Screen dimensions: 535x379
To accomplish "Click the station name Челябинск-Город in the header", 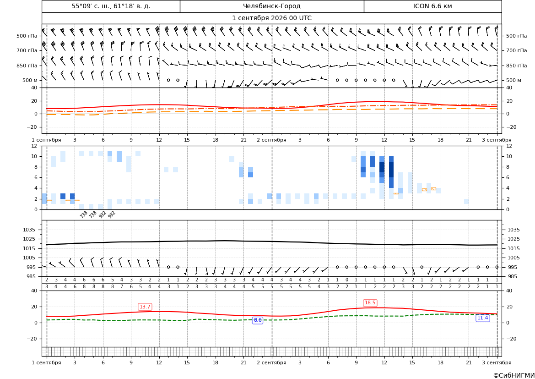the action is [271, 6].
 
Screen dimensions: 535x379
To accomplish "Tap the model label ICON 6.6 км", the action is [432, 6].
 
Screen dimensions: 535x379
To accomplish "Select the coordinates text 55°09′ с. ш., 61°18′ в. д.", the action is [111, 6].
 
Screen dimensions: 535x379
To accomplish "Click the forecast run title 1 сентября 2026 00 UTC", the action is [271, 18].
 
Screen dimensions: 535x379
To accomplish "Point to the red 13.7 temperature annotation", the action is [145, 307].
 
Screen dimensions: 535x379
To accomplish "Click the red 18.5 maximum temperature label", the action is [370, 302].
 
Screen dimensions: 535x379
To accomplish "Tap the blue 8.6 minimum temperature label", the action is [258, 320].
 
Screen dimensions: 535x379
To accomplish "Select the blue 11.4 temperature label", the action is [482, 318].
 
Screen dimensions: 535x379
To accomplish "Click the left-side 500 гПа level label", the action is [27, 36].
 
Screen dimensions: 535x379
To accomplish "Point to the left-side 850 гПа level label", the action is [27, 65].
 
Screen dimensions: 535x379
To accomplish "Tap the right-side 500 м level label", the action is [514, 80].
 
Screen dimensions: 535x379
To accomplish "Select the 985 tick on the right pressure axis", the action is [512, 276].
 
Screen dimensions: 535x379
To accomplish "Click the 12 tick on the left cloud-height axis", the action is [34, 146].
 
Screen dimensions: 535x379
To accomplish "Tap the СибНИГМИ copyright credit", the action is [514, 375].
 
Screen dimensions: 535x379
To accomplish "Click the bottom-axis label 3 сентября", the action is [497, 363].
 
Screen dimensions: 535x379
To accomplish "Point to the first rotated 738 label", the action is [84, 214].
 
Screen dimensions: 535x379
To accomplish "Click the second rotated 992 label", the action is [112, 214].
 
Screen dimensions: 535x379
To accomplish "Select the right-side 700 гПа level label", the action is [517, 50].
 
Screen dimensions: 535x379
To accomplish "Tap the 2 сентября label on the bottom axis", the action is [271, 363].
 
